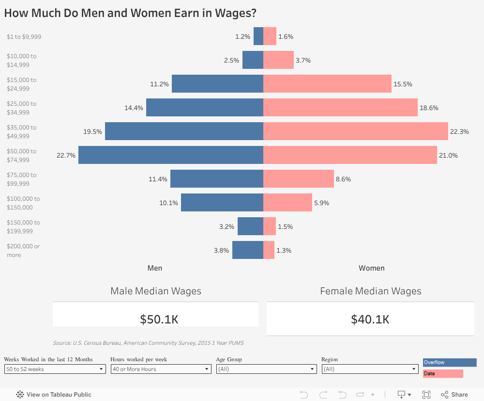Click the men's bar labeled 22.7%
170,155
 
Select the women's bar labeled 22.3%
356,131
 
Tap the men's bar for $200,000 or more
247,250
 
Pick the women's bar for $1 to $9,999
270,36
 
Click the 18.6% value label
429,108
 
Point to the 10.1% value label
168,203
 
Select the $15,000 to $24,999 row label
21,84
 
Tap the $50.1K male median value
159,319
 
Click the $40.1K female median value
370,319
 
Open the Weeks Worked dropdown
55,369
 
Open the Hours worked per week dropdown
161,369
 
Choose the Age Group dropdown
266,369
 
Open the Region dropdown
370,369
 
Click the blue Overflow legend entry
450,363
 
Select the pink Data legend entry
443,374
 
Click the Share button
454,395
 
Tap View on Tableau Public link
54,395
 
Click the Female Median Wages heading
370,291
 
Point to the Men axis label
155,268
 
